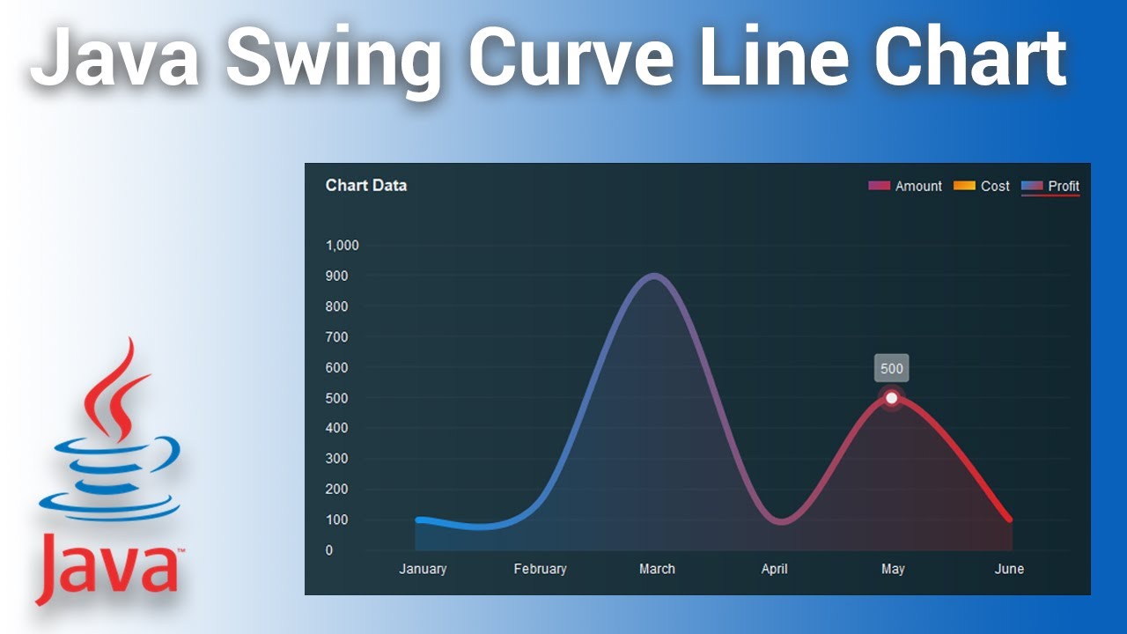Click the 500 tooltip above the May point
[x=891, y=369]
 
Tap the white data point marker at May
[x=891, y=398]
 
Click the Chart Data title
[x=366, y=185]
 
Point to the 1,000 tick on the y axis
[x=342, y=245]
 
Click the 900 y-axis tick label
[x=336, y=276]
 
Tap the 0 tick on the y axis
[x=329, y=550]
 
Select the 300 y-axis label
[x=336, y=459]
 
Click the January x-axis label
[x=423, y=569]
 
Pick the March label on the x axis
[x=657, y=569]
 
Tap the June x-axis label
[x=1009, y=569]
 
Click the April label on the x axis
[x=775, y=569]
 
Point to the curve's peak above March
[x=653, y=276]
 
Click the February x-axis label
[x=540, y=569]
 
